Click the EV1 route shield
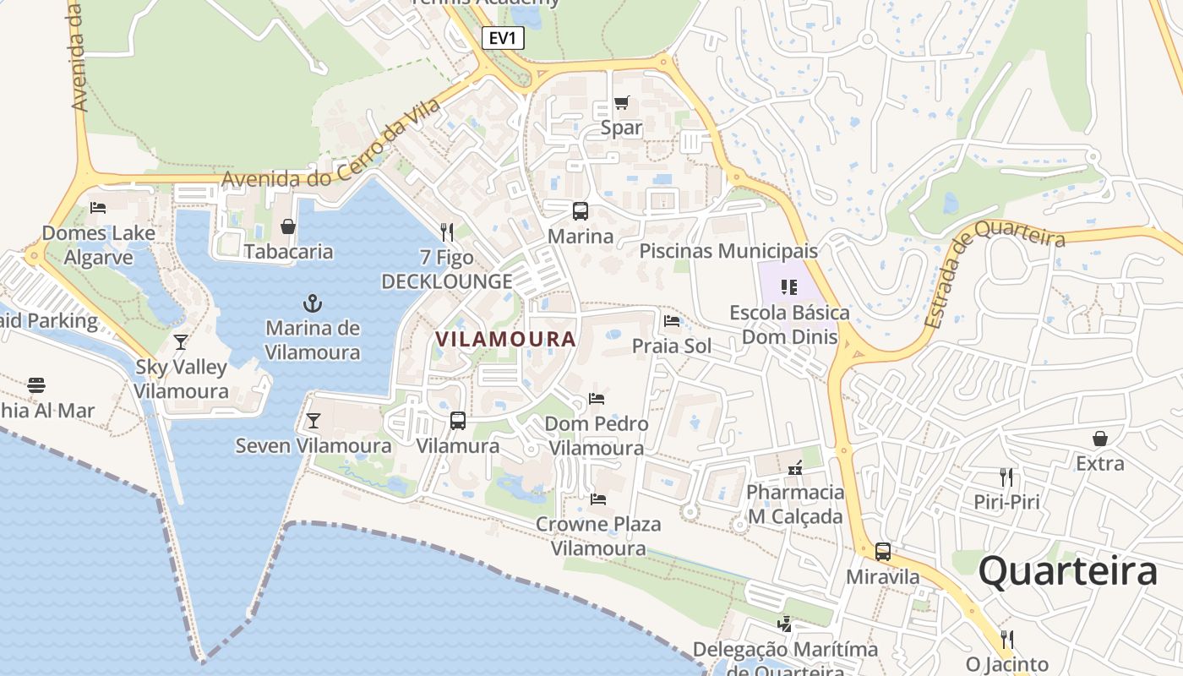504,37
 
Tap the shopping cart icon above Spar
622,103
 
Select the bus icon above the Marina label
581,211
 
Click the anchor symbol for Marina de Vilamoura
313,303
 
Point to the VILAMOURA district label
505,339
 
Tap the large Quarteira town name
1067,572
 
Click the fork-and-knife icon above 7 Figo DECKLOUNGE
447,232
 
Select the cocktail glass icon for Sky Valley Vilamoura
181,342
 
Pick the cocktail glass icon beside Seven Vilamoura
313,420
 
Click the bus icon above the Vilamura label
458,420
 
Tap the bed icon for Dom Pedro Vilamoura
597,398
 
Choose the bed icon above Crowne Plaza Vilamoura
598,499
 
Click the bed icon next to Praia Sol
672,321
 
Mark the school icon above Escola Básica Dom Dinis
789,287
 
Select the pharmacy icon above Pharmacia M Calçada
794,467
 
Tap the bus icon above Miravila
883,552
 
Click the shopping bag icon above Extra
1100,439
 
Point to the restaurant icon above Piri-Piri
1006,477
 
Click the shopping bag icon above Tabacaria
288,226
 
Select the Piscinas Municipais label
728,251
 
